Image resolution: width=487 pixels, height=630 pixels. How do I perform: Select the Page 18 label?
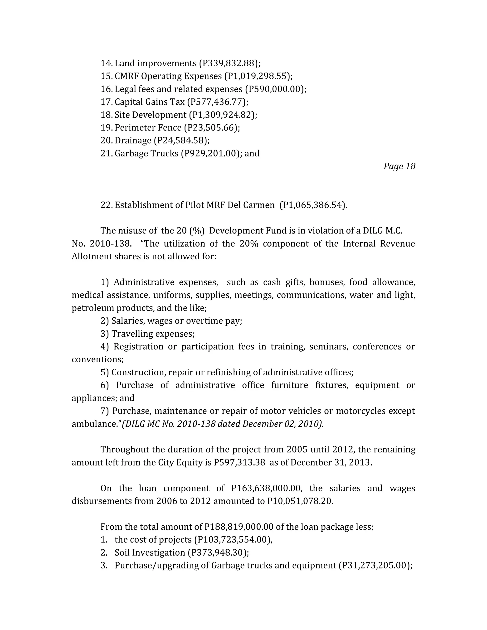tap(399, 166)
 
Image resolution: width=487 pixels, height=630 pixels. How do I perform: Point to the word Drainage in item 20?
tap(133, 141)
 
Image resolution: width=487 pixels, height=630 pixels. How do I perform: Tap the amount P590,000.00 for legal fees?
tap(275, 89)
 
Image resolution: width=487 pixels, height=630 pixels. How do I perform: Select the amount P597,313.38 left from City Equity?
tap(239, 462)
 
